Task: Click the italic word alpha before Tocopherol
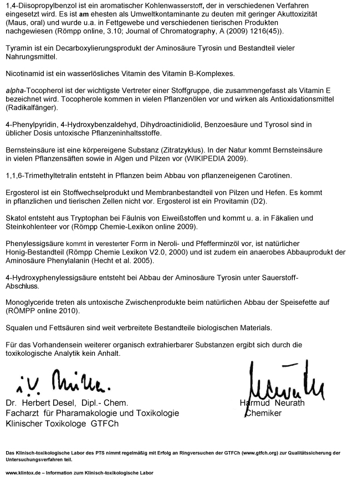(x=15, y=90)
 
